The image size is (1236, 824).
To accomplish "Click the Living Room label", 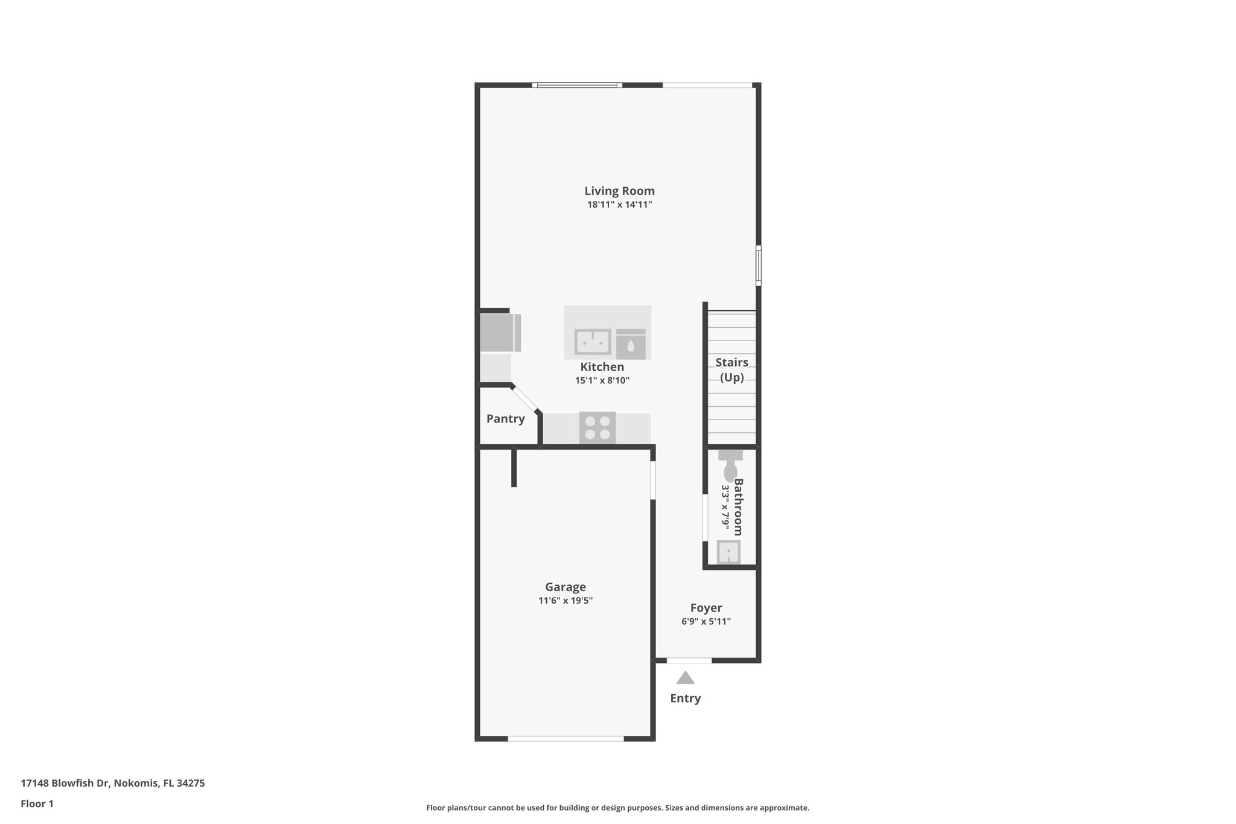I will [619, 191].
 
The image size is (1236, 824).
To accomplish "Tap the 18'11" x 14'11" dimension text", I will [619, 205].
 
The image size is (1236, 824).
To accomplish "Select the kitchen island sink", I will [592, 342].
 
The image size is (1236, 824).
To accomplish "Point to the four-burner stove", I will [597, 428].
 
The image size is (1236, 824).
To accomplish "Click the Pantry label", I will [505, 419].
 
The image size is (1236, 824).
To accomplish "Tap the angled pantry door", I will [525, 399].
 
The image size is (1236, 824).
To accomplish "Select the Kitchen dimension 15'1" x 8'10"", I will [602, 381].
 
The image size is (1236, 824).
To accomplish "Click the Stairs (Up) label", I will [731, 369].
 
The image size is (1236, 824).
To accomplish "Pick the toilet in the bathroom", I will [730, 465].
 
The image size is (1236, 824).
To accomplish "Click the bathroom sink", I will [728, 552].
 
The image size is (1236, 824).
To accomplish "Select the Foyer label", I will [706, 608].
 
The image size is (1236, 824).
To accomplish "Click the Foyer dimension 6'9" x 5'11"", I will [706, 622].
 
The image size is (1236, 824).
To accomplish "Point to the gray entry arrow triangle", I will [685, 678].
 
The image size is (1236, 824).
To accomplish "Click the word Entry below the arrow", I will [685, 698].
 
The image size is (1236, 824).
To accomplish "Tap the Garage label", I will [565, 587].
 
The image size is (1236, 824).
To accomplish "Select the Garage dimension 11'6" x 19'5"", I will [565, 601].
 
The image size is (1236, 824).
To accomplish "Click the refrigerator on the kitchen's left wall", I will [500, 333].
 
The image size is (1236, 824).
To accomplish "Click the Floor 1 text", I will [37, 803].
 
